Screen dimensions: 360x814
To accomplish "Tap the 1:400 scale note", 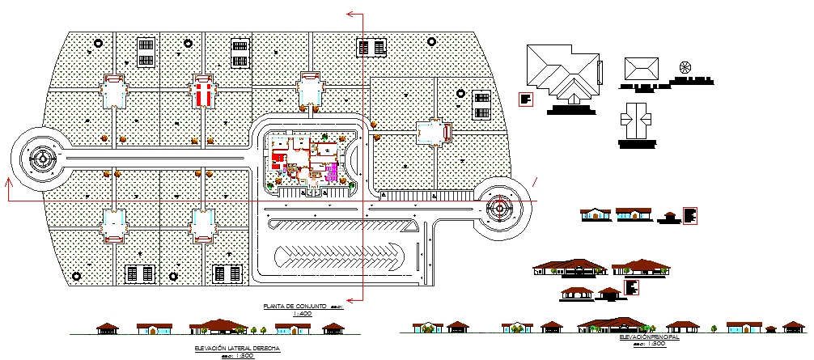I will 302,313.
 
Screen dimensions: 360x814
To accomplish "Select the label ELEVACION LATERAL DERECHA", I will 237,347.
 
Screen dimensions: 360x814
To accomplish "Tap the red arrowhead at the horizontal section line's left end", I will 9,184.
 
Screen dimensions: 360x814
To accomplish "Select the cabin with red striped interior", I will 202,91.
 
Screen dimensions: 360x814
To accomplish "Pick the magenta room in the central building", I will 332,171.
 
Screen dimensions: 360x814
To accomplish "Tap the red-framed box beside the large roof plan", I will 526,100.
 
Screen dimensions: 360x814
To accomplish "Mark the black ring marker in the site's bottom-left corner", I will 77,276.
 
